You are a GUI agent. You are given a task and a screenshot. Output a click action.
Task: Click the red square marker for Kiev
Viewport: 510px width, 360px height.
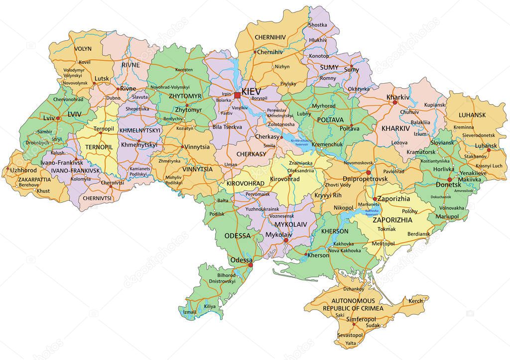(238, 95)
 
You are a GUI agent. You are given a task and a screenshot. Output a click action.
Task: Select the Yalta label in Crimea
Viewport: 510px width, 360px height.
(351, 343)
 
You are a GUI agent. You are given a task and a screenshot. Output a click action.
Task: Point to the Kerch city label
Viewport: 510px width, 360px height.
(415, 301)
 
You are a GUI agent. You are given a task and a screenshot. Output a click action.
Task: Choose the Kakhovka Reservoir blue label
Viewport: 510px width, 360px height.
(372, 213)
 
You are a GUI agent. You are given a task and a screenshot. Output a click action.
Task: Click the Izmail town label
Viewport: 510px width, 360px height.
(190, 312)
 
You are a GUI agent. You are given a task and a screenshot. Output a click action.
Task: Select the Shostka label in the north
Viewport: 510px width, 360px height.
(318, 24)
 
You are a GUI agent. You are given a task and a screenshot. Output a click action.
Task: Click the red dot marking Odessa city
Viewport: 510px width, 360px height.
(250, 265)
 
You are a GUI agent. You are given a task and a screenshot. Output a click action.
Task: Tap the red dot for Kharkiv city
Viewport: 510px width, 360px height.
(394, 103)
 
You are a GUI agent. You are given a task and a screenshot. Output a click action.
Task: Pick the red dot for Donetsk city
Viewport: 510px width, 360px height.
(450, 179)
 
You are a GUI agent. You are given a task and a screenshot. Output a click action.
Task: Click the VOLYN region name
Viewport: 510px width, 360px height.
(83, 49)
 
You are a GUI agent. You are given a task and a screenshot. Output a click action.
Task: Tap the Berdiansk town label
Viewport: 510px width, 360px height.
(418, 234)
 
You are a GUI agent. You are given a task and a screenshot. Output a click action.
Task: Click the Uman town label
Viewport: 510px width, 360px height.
(231, 164)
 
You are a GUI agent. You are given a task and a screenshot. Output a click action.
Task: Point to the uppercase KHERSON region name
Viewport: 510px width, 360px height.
(335, 231)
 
